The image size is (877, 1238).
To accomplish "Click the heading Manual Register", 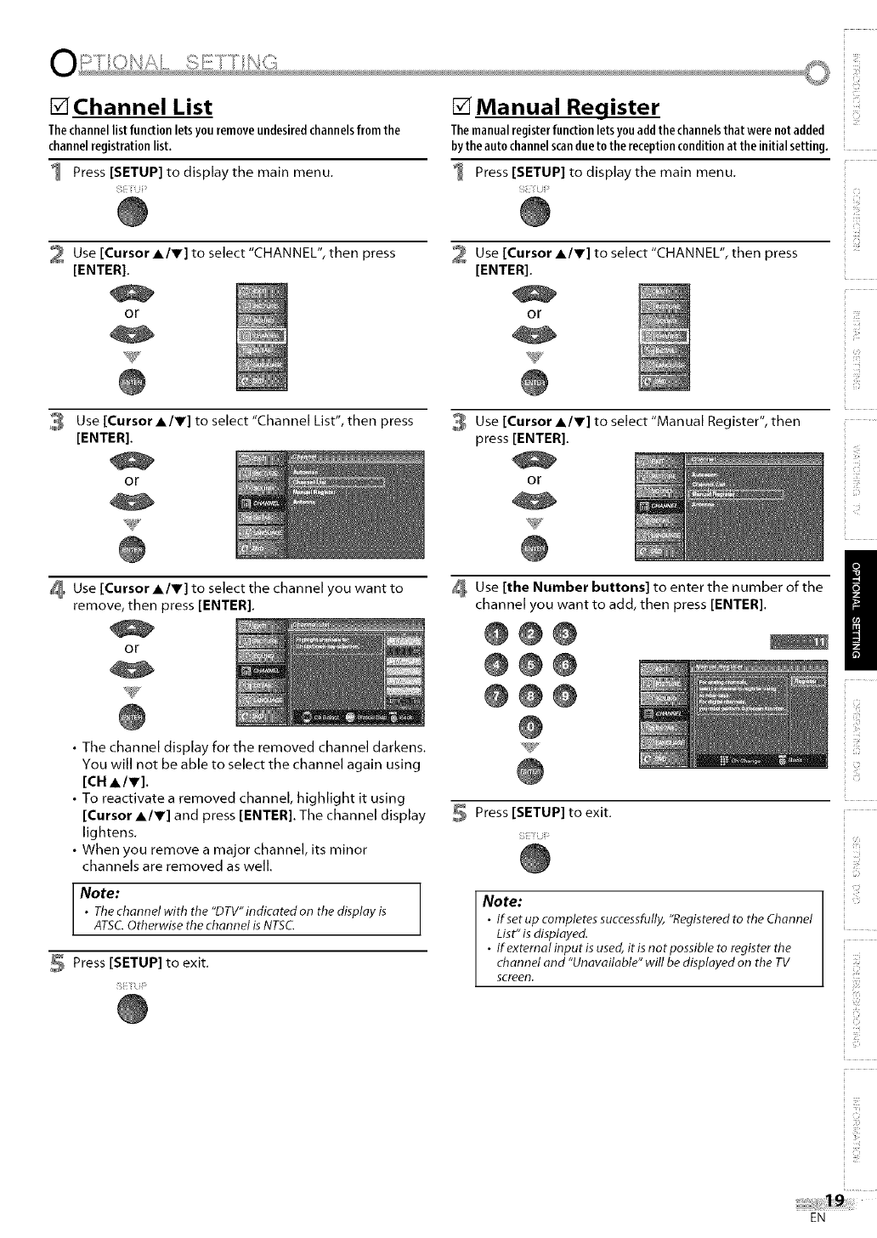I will click(x=568, y=108).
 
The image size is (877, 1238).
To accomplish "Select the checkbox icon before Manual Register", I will click(x=462, y=108).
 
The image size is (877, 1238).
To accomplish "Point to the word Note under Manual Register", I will click(x=502, y=901).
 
